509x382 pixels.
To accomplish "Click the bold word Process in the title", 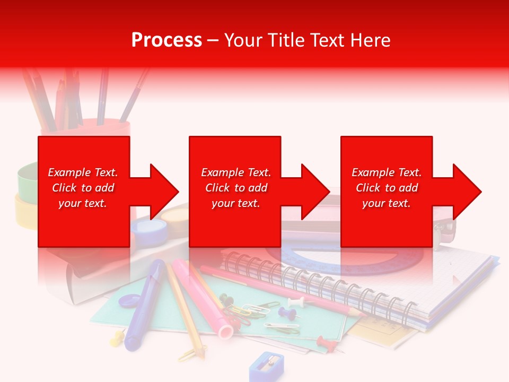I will (166, 40).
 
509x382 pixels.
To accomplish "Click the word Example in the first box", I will (69, 172).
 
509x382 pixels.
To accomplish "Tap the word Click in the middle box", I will (217, 188).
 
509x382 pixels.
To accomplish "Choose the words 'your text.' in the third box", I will (387, 203).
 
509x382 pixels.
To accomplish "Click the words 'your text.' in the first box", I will (83, 203).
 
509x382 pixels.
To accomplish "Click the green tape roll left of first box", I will (27, 178).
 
